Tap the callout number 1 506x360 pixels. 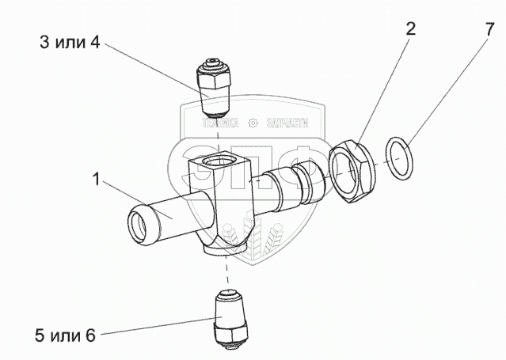[x=95, y=181]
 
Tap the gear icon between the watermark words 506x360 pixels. [x=254, y=123]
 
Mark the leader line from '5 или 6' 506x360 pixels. [x=150, y=328]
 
